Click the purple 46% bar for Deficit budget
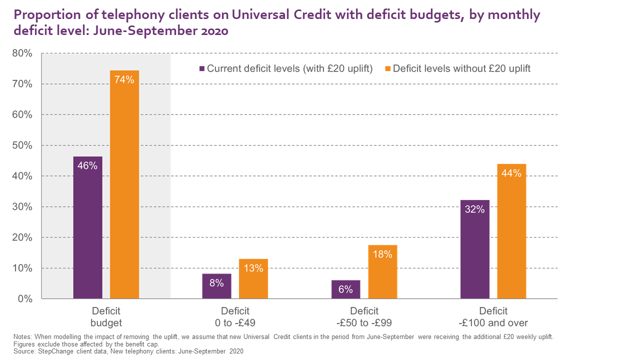click(87, 227)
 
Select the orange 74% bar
click(124, 184)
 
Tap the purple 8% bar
click(216, 286)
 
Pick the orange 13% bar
click(253, 278)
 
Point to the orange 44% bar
click(511, 231)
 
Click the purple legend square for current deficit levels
click(201, 69)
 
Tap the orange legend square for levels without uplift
click(387, 69)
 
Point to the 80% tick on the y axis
click(22, 53)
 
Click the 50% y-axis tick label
click(22, 145)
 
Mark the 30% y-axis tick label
click(22, 207)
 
